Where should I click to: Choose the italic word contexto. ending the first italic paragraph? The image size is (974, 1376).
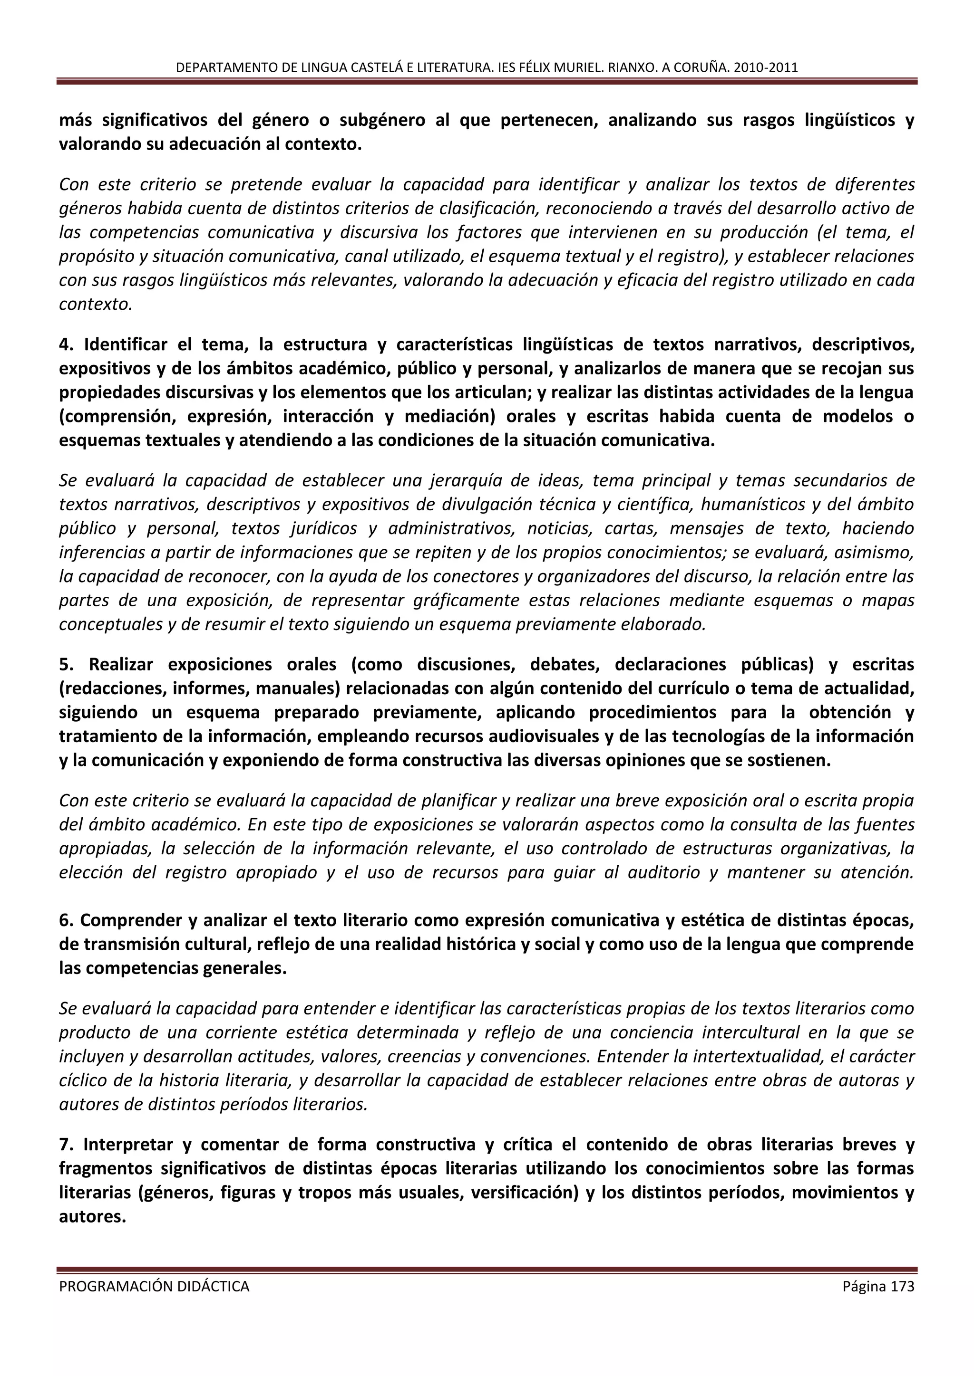tap(95, 305)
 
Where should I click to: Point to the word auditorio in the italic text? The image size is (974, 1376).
tap(663, 872)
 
